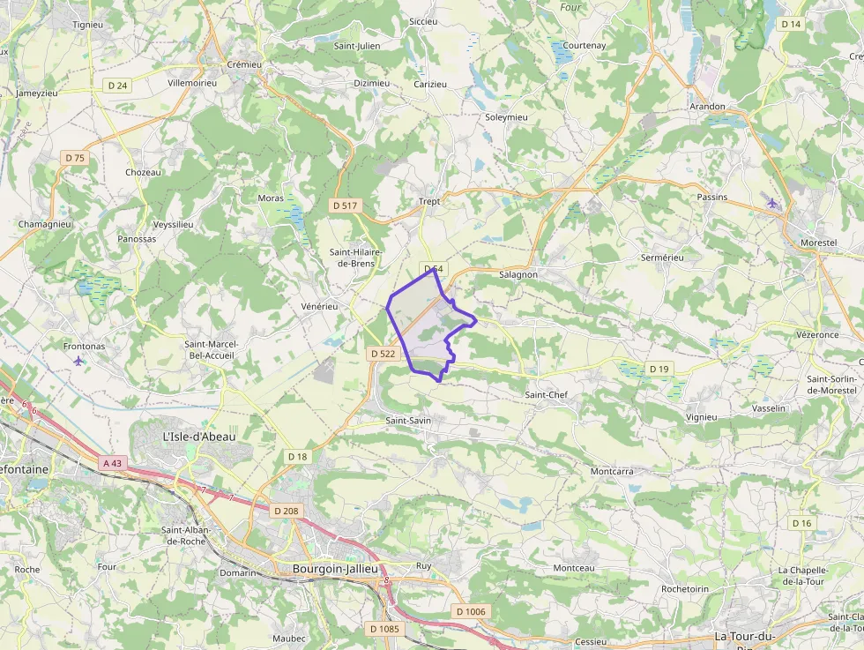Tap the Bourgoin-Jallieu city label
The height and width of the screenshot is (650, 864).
[x=335, y=569]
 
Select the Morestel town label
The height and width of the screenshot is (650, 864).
[x=818, y=242]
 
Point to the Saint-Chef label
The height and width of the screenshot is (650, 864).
[x=546, y=394]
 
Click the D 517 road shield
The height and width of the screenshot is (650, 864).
[x=345, y=205]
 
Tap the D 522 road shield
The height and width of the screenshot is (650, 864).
[x=384, y=354]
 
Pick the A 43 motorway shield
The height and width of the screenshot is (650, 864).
[x=112, y=463]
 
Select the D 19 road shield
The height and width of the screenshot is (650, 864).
[x=659, y=368]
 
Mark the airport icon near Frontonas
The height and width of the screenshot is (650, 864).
[x=79, y=360]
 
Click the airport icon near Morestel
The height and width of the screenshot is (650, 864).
[x=772, y=204]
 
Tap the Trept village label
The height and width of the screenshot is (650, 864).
[x=429, y=201]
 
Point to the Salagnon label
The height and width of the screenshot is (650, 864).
[x=518, y=274]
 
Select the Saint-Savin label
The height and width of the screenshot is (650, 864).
[x=408, y=421]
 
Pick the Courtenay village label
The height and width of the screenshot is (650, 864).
[x=585, y=45]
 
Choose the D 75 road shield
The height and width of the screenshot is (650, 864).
[x=75, y=158]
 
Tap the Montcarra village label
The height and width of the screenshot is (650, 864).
[x=612, y=471]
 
